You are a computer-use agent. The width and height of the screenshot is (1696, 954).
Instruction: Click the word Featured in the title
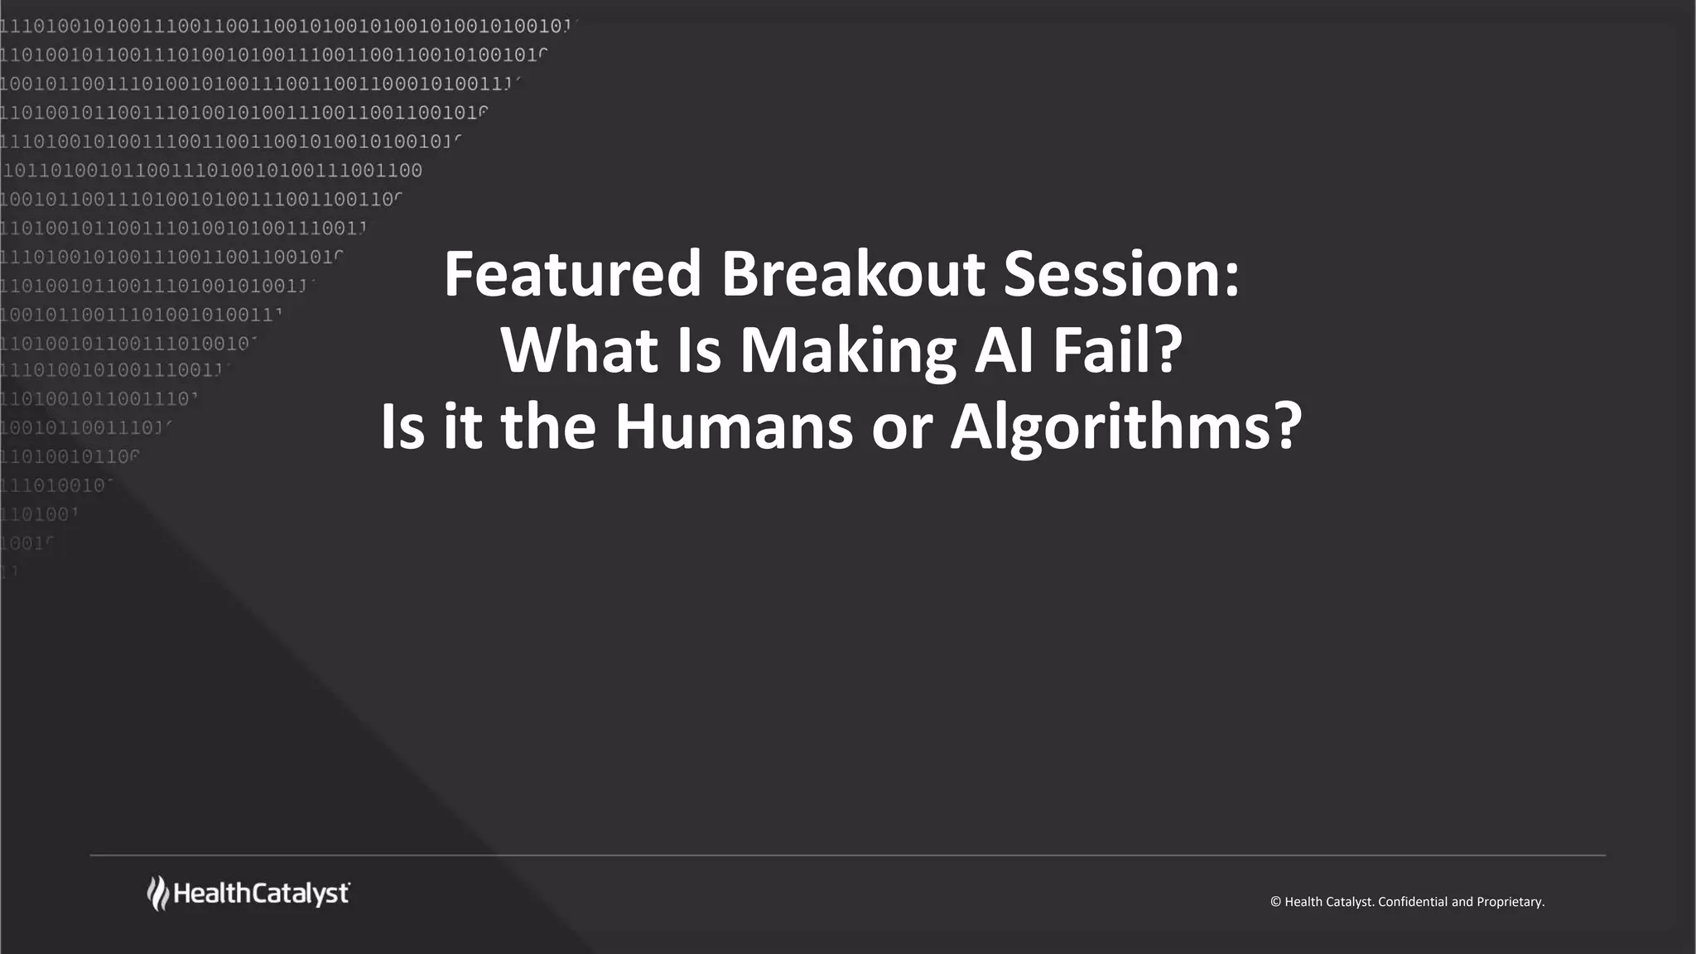pos(573,274)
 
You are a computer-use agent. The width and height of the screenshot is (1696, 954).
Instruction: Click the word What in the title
pos(579,350)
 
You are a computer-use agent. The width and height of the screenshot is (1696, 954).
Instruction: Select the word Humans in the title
pos(733,427)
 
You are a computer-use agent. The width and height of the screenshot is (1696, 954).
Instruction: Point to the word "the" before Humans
pos(548,427)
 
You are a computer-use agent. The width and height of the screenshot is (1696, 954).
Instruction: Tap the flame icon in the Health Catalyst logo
pos(157,894)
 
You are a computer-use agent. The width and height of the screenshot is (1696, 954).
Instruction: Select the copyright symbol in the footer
pos(1275,902)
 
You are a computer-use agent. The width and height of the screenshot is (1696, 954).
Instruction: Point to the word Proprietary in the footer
pos(1510,902)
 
